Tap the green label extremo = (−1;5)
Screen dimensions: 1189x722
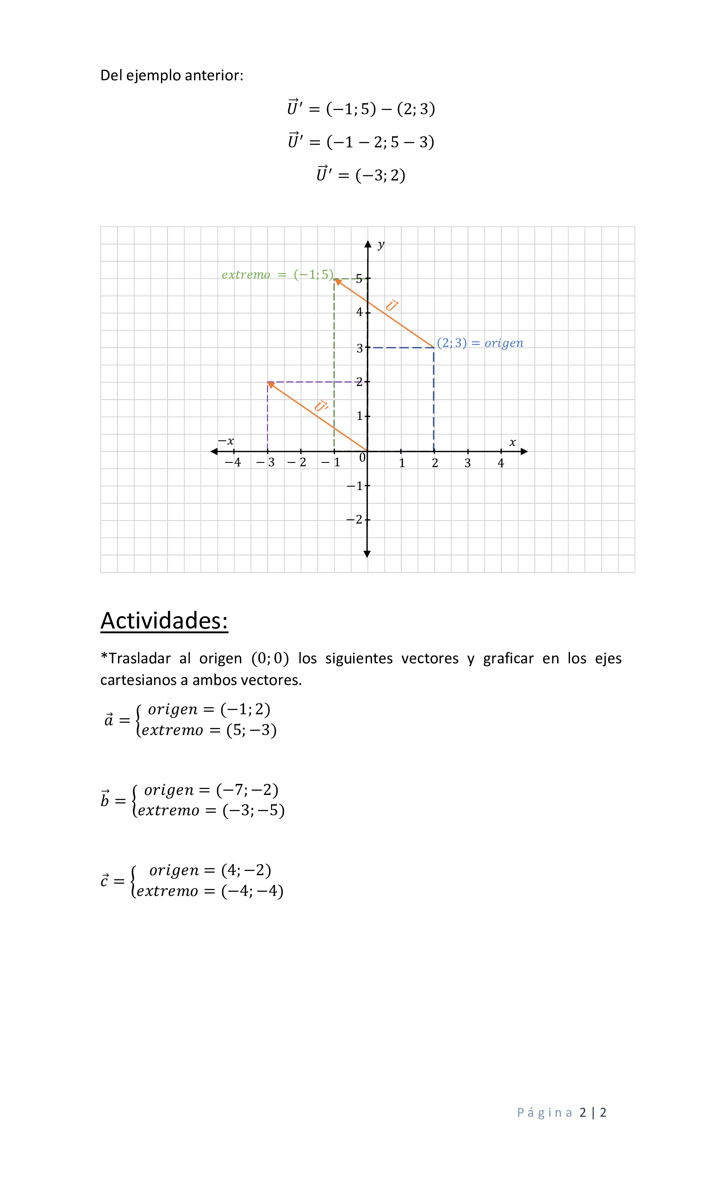click(x=277, y=275)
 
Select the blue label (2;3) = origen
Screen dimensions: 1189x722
click(x=480, y=343)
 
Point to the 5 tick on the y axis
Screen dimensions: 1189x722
click(x=359, y=279)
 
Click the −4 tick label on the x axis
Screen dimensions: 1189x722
click(x=233, y=462)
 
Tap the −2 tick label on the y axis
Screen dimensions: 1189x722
click(x=354, y=519)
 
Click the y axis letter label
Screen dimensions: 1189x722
click(x=381, y=244)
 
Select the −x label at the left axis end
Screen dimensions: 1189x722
click(x=226, y=441)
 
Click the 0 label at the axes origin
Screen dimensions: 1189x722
click(x=362, y=457)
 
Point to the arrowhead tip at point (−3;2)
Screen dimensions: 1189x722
click(x=269, y=383)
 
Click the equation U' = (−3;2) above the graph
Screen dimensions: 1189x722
click(x=361, y=174)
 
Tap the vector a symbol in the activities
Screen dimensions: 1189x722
click(x=109, y=719)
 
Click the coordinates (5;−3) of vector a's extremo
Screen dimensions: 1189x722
click(x=251, y=730)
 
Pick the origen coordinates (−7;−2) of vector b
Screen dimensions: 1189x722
click(x=247, y=789)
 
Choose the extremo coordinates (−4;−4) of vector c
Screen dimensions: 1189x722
click(x=252, y=890)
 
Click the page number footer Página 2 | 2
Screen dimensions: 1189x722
click(x=561, y=1112)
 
